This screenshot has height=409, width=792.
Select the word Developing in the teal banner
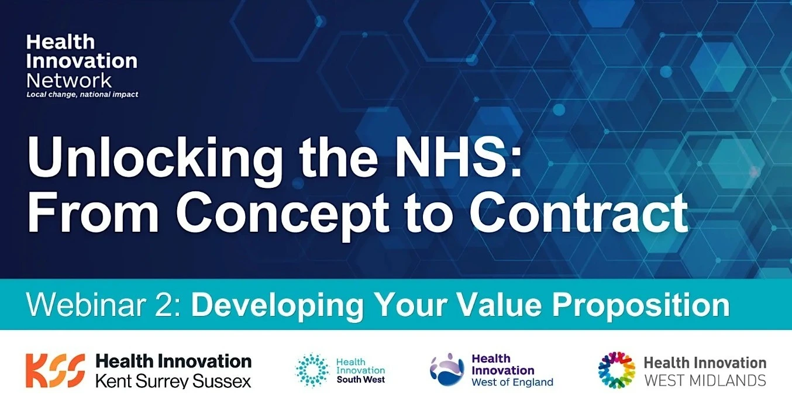click(x=277, y=307)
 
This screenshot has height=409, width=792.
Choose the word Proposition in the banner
click(x=641, y=307)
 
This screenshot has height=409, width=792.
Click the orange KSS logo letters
click(x=56, y=371)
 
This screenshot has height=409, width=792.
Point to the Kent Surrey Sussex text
click(x=173, y=381)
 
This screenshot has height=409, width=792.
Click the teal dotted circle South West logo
click(x=312, y=370)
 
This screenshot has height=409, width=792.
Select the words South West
click(x=361, y=380)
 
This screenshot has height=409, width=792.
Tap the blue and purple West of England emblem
click(x=447, y=369)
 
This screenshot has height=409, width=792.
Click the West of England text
click(x=512, y=382)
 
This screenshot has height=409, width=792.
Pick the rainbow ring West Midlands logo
click(x=617, y=370)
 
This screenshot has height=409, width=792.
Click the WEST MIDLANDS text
click(x=705, y=381)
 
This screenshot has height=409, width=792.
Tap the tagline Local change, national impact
click(x=82, y=94)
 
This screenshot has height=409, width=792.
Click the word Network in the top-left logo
click(x=69, y=81)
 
